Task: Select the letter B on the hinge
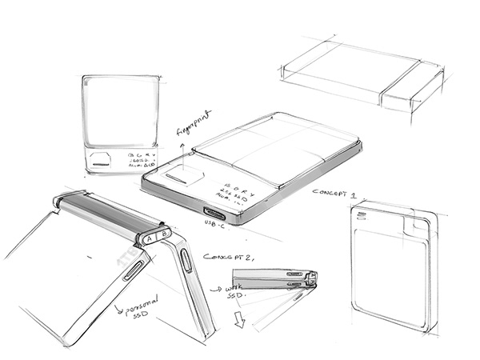tap(163, 233)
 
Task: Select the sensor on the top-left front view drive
tap(101, 158)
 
